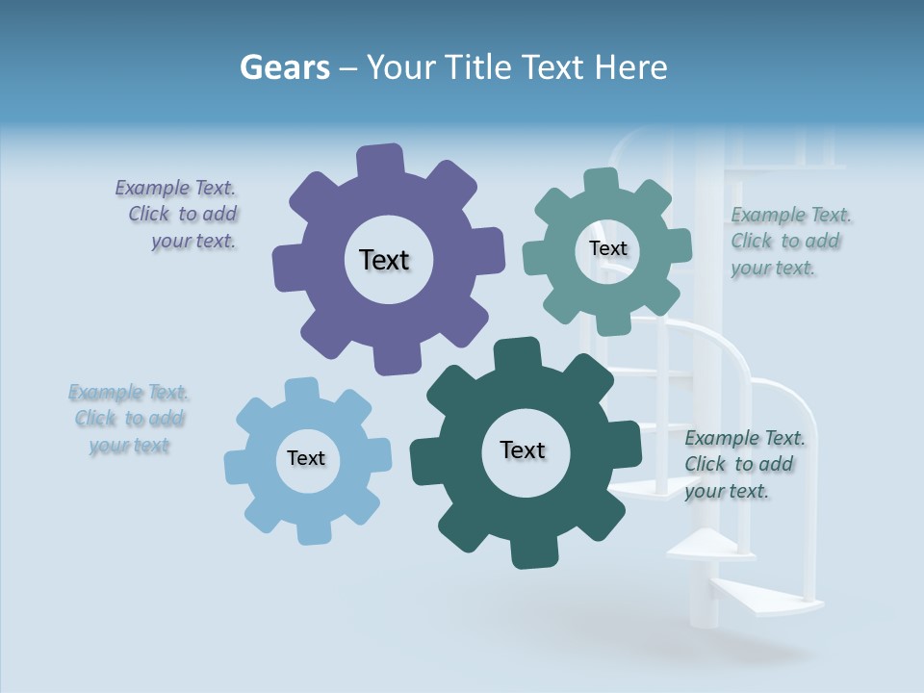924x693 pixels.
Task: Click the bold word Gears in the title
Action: (x=284, y=68)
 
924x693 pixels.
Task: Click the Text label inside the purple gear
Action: (x=384, y=260)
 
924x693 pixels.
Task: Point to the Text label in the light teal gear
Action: (x=607, y=248)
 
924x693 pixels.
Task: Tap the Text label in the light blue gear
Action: (x=306, y=458)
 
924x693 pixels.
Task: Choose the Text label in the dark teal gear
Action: (x=523, y=449)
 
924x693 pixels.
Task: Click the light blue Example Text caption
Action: (x=129, y=419)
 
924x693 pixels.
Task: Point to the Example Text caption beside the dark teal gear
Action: (x=743, y=464)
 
